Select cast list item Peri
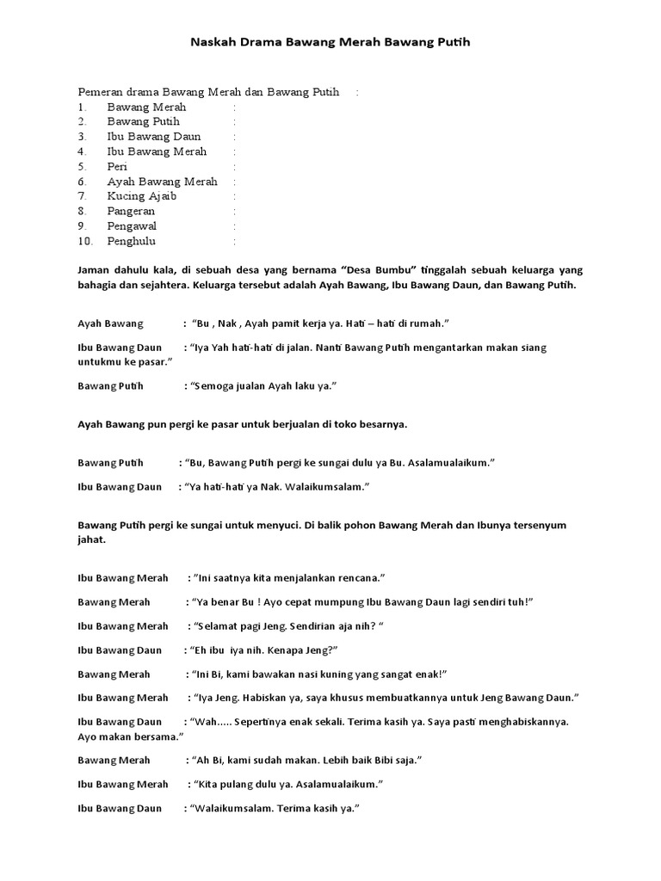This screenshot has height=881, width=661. coord(118,166)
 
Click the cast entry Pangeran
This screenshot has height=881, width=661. coord(131,211)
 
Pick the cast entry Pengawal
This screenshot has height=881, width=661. coord(132,225)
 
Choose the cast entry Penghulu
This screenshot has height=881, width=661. coord(132,241)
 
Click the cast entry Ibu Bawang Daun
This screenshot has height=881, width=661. coord(154,137)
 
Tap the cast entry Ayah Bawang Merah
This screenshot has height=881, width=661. coord(162,182)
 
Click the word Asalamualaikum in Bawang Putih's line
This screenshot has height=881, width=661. coord(454,463)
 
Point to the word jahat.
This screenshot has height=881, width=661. coord(92,539)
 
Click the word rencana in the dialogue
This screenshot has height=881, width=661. coord(358,577)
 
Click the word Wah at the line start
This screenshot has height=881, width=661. coord(203,722)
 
